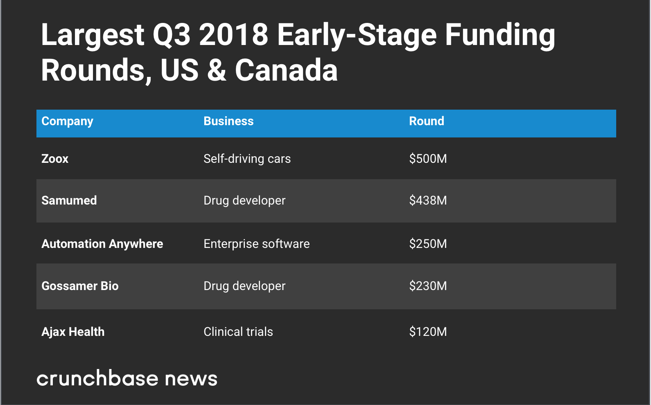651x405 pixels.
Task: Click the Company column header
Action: point(67,121)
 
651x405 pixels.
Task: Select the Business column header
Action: point(228,121)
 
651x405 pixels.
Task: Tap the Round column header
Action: point(426,121)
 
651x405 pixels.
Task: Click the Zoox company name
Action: point(55,159)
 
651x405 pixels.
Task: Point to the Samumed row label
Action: point(69,200)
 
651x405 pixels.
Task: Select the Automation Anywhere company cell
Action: point(102,244)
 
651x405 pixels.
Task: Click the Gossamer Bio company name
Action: point(80,286)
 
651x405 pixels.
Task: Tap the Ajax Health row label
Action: point(73,332)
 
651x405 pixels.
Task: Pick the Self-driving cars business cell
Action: point(247,159)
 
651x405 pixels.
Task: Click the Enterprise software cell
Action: point(256,244)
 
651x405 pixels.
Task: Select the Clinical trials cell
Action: point(238,332)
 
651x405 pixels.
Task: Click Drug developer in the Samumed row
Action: point(244,200)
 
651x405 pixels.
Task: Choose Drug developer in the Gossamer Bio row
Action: point(244,286)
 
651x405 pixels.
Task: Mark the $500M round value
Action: point(428,159)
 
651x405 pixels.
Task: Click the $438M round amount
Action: point(428,200)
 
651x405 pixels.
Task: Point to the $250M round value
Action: point(428,244)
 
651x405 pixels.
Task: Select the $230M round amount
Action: point(428,286)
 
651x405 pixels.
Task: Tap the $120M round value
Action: point(428,332)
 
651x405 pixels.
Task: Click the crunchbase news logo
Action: point(127,378)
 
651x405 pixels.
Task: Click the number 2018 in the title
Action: point(233,35)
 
